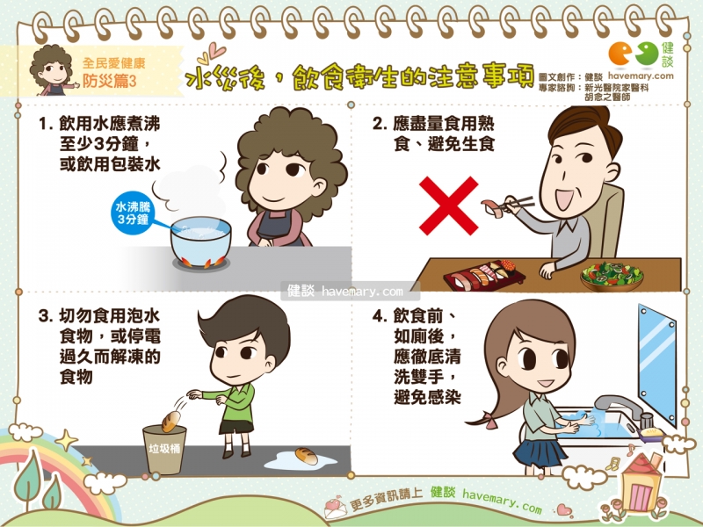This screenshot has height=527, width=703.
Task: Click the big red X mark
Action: click(x=448, y=206)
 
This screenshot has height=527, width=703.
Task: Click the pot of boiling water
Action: click(x=201, y=242)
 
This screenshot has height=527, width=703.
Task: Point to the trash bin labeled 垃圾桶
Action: click(x=164, y=450)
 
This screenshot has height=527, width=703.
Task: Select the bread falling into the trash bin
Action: click(x=170, y=422)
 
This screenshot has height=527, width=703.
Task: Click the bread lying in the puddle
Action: click(x=306, y=456)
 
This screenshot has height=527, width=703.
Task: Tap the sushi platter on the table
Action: click(x=484, y=273)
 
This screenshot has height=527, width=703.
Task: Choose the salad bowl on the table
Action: click(x=612, y=277)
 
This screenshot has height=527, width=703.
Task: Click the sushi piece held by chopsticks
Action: click(x=493, y=208)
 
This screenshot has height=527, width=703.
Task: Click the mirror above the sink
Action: click(x=657, y=365)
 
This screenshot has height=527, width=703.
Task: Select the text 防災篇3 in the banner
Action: click(x=109, y=81)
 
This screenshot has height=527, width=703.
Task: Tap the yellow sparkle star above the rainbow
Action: click(x=67, y=440)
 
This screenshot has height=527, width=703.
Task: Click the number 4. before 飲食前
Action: click(x=379, y=316)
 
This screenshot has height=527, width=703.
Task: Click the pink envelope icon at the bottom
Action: click(x=336, y=508)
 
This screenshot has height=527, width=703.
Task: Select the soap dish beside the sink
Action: click(x=650, y=433)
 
